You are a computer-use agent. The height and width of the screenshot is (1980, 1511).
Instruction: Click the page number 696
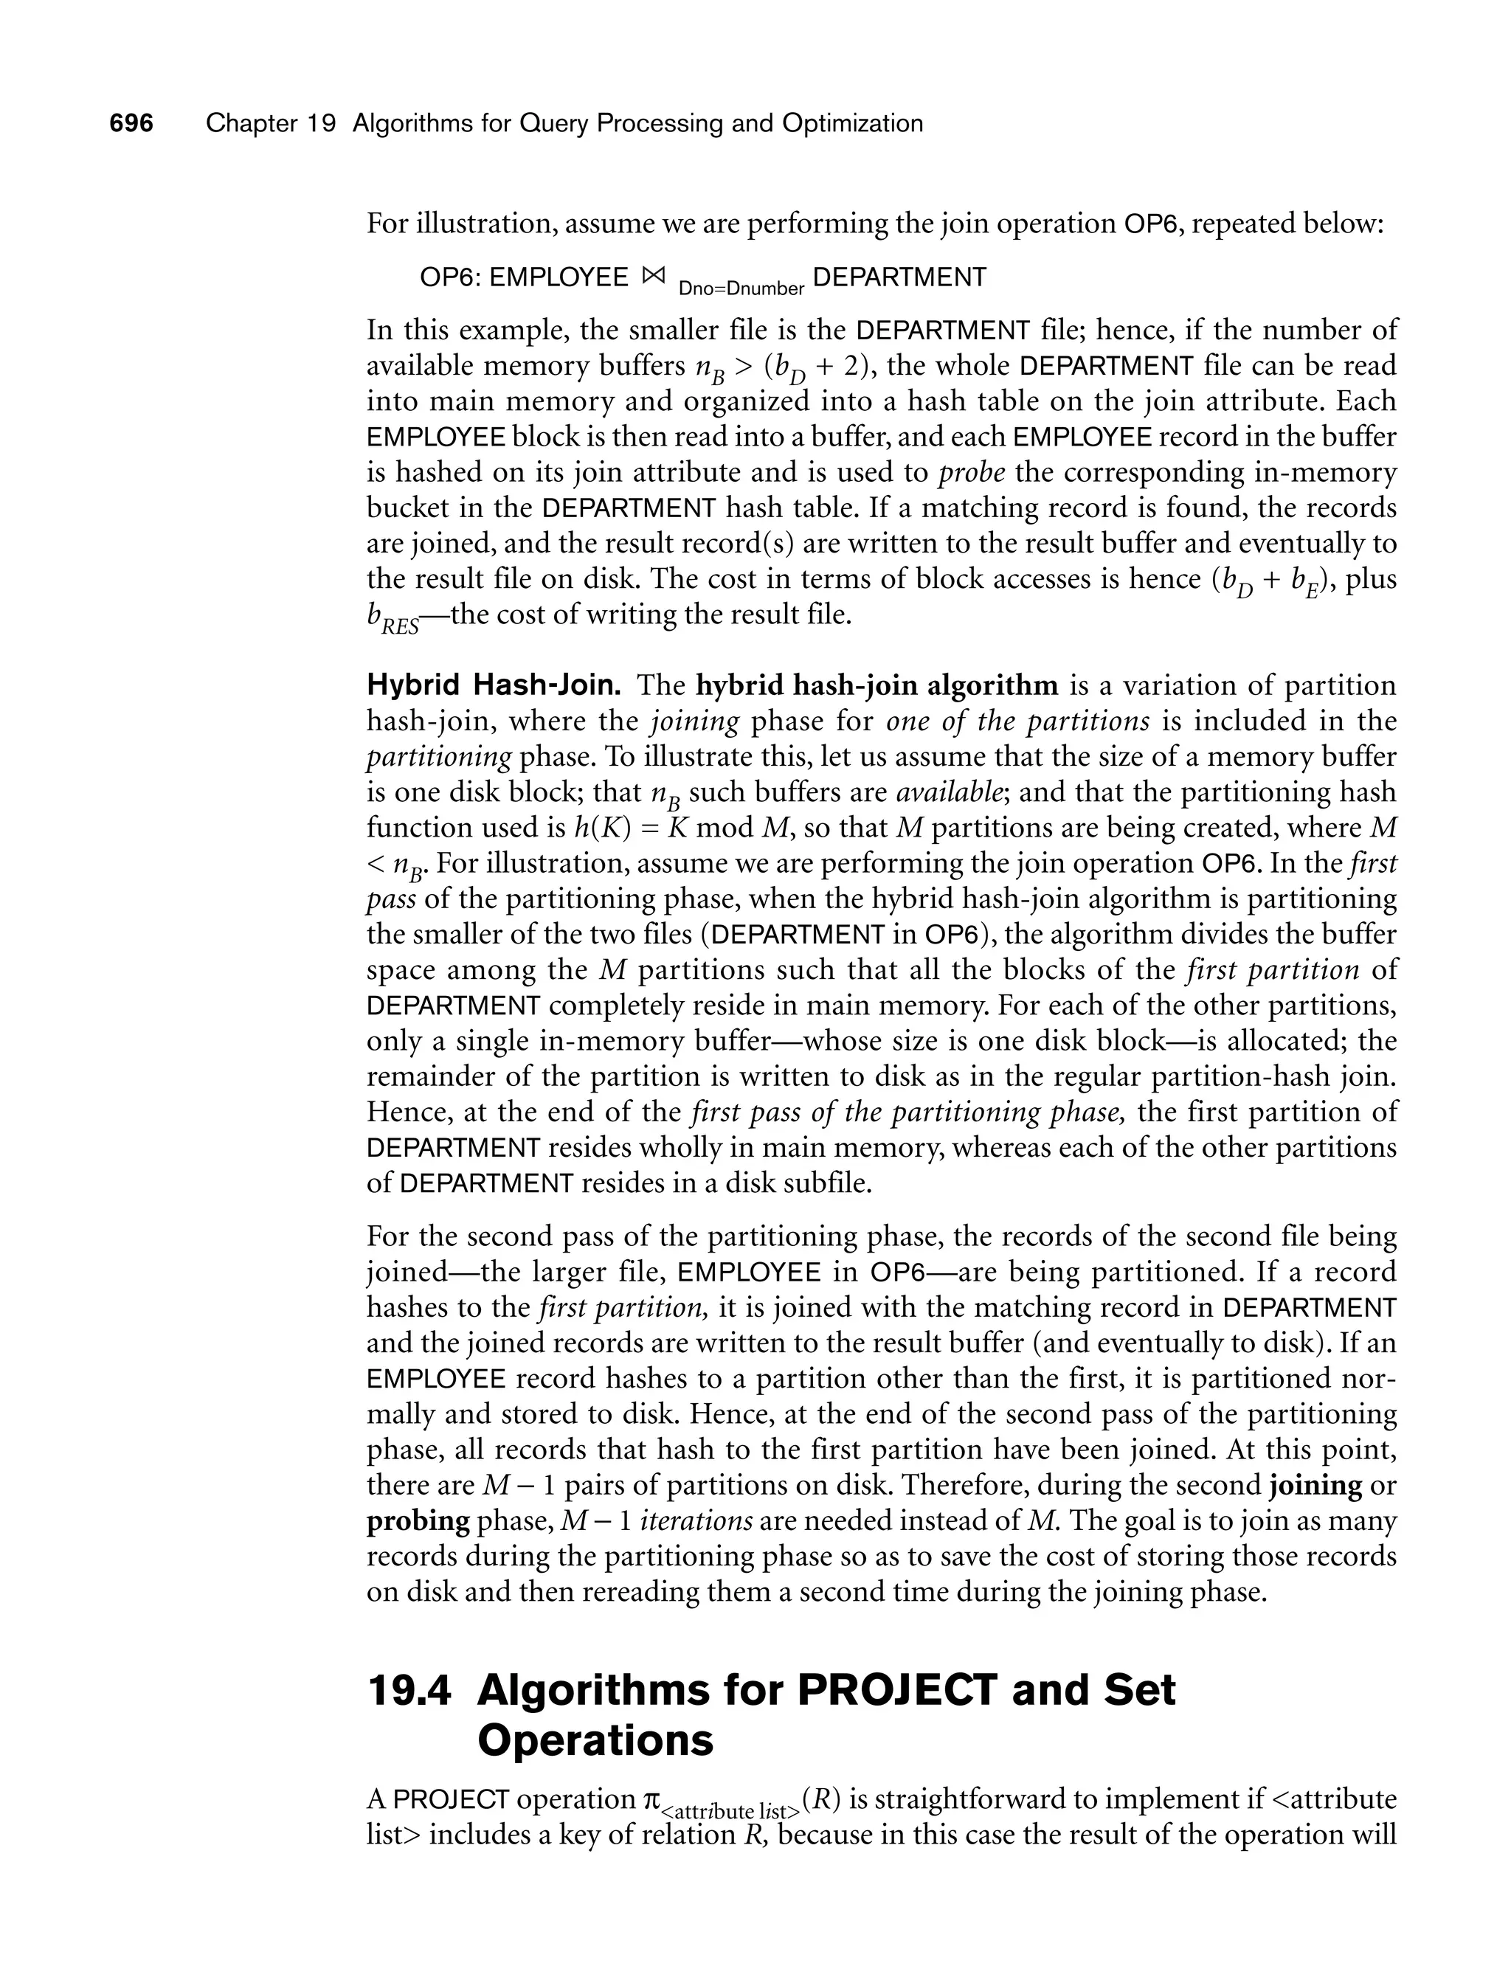pyautogui.click(x=131, y=123)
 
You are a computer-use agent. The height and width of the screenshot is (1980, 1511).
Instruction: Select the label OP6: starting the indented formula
pyautogui.click(x=451, y=278)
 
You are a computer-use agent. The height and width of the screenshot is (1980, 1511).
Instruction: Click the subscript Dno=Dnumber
pyautogui.click(x=741, y=288)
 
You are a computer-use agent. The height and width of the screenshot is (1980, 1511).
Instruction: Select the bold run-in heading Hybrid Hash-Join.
pyautogui.click(x=494, y=686)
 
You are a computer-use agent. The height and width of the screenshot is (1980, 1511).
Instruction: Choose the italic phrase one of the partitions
pyautogui.click(x=1017, y=721)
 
